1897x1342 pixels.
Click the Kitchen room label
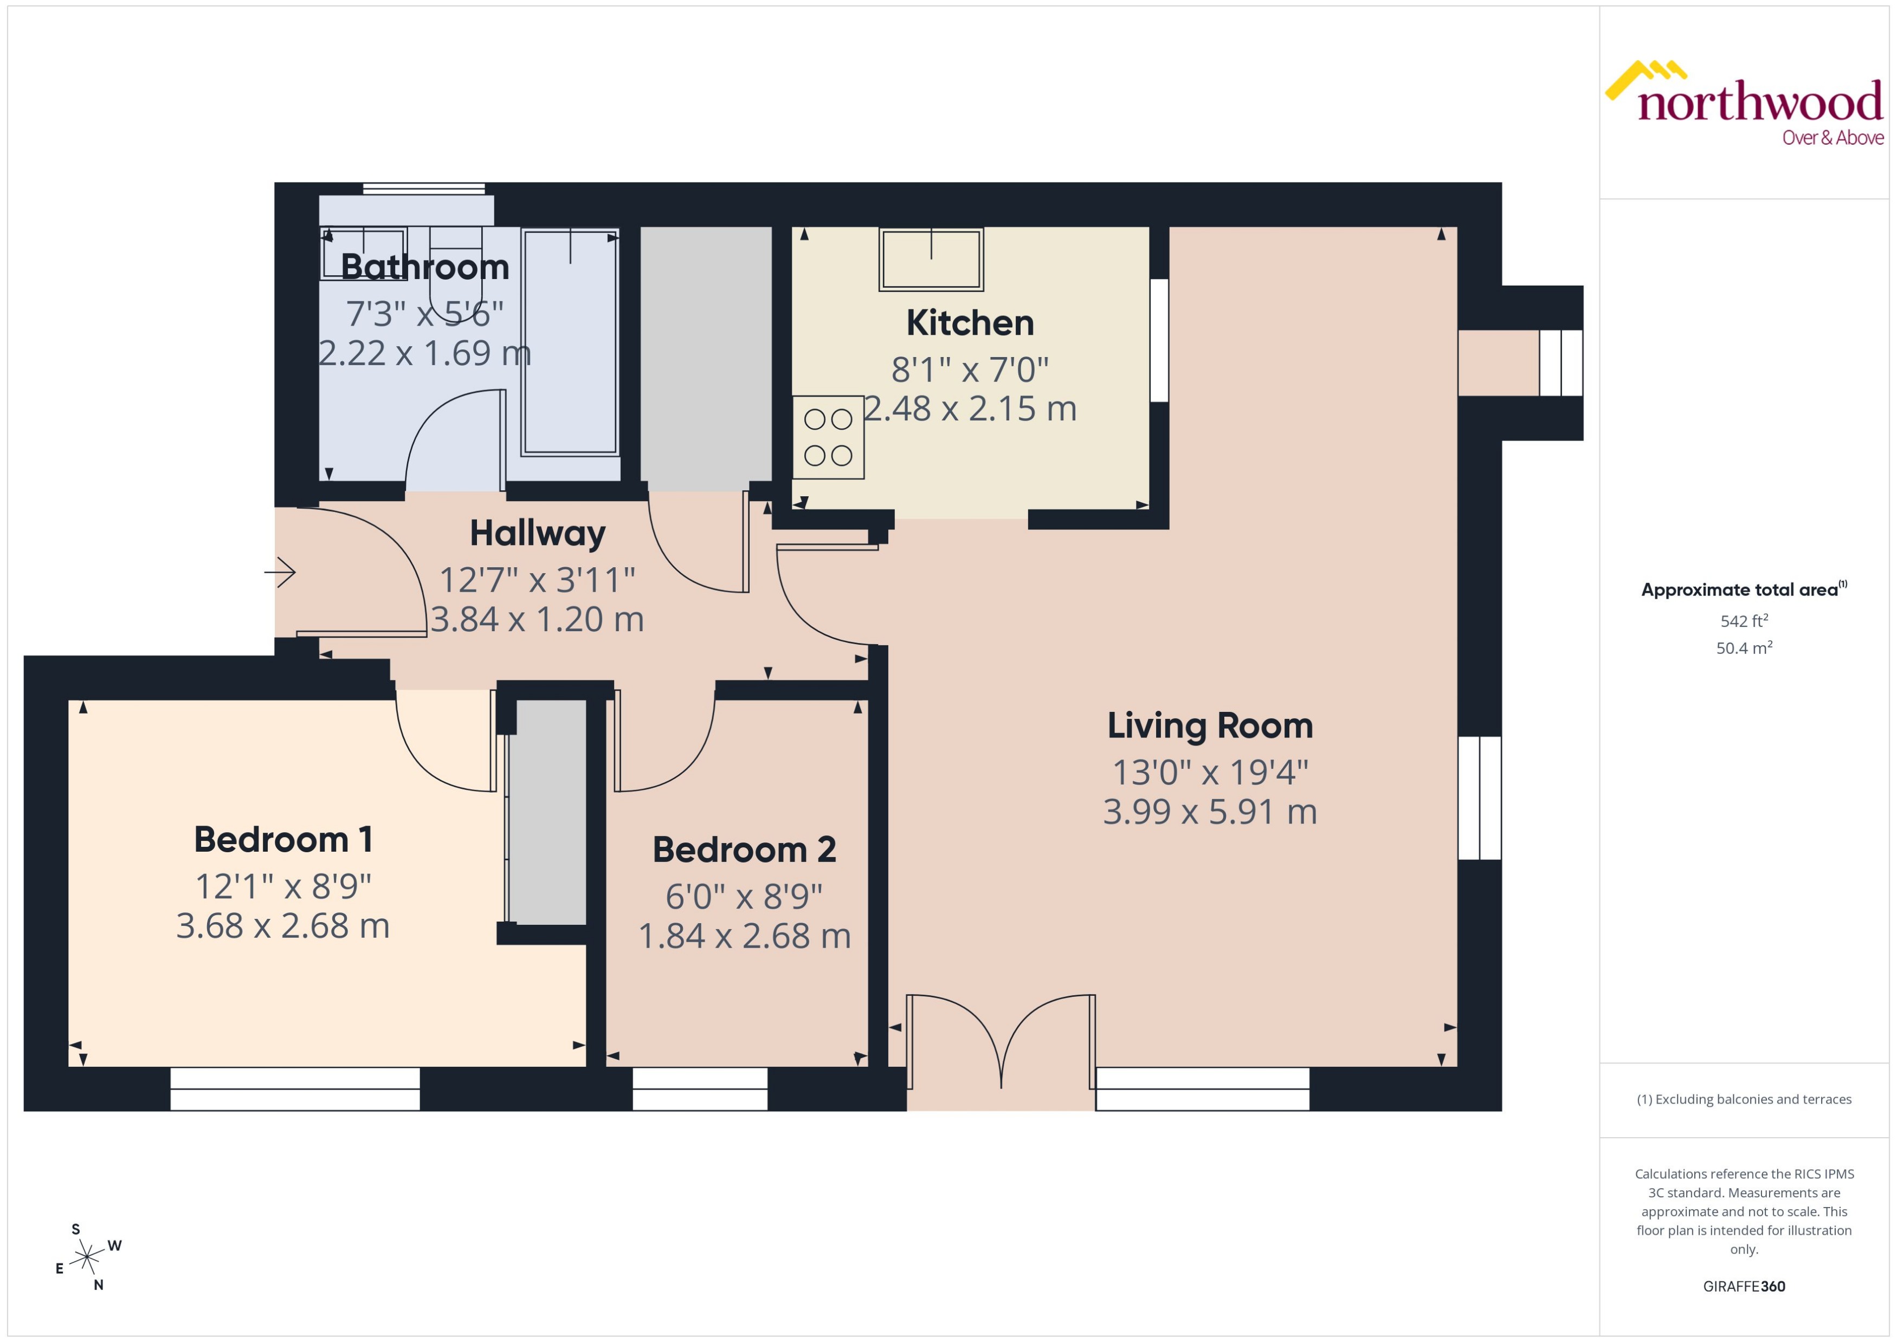(x=970, y=323)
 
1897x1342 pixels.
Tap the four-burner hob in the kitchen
(x=828, y=437)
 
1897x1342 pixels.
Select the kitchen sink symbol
(x=931, y=260)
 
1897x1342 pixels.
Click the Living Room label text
(x=1209, y=727)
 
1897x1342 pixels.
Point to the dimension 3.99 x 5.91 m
(x=1209, y=812)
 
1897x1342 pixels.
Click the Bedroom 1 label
(x=283, y=840)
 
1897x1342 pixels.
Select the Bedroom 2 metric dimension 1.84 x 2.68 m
(x=744, y=936)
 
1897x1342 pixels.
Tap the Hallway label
(x=537, y=534)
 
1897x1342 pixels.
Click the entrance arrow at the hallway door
(x=281, y=572)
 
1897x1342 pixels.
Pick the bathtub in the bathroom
(x=570, y=342)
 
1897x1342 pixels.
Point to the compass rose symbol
(x=86, y=1257)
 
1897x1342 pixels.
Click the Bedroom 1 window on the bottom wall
(x=295, y=1088)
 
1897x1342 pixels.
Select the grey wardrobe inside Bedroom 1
(x=546, y=812)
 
